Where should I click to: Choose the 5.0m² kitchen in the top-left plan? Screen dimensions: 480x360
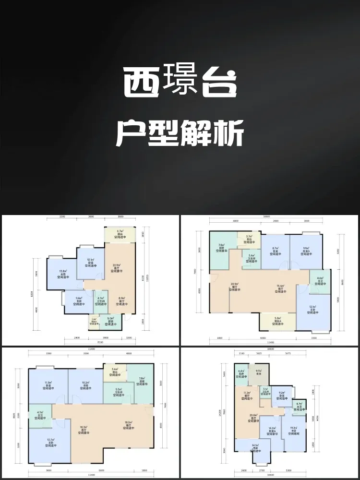click(x=110, y=320)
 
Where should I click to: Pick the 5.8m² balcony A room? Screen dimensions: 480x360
click(x=277, y=321)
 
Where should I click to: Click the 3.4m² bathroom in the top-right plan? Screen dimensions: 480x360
click(x=251, y=257)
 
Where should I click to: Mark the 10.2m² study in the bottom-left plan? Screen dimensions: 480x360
click(x=84, y=384)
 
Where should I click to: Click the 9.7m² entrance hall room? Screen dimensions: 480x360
click(x=259, y=372)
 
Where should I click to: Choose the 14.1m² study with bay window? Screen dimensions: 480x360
click(x=255, y=447)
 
